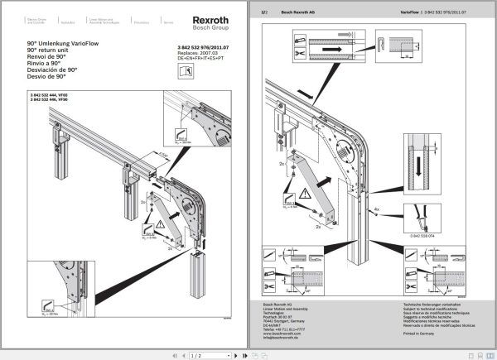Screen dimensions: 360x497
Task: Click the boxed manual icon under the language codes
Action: click(186, 72)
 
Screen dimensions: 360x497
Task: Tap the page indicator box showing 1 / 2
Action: click(196, 354)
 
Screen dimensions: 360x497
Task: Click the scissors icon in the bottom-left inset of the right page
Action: click(271, 286)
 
